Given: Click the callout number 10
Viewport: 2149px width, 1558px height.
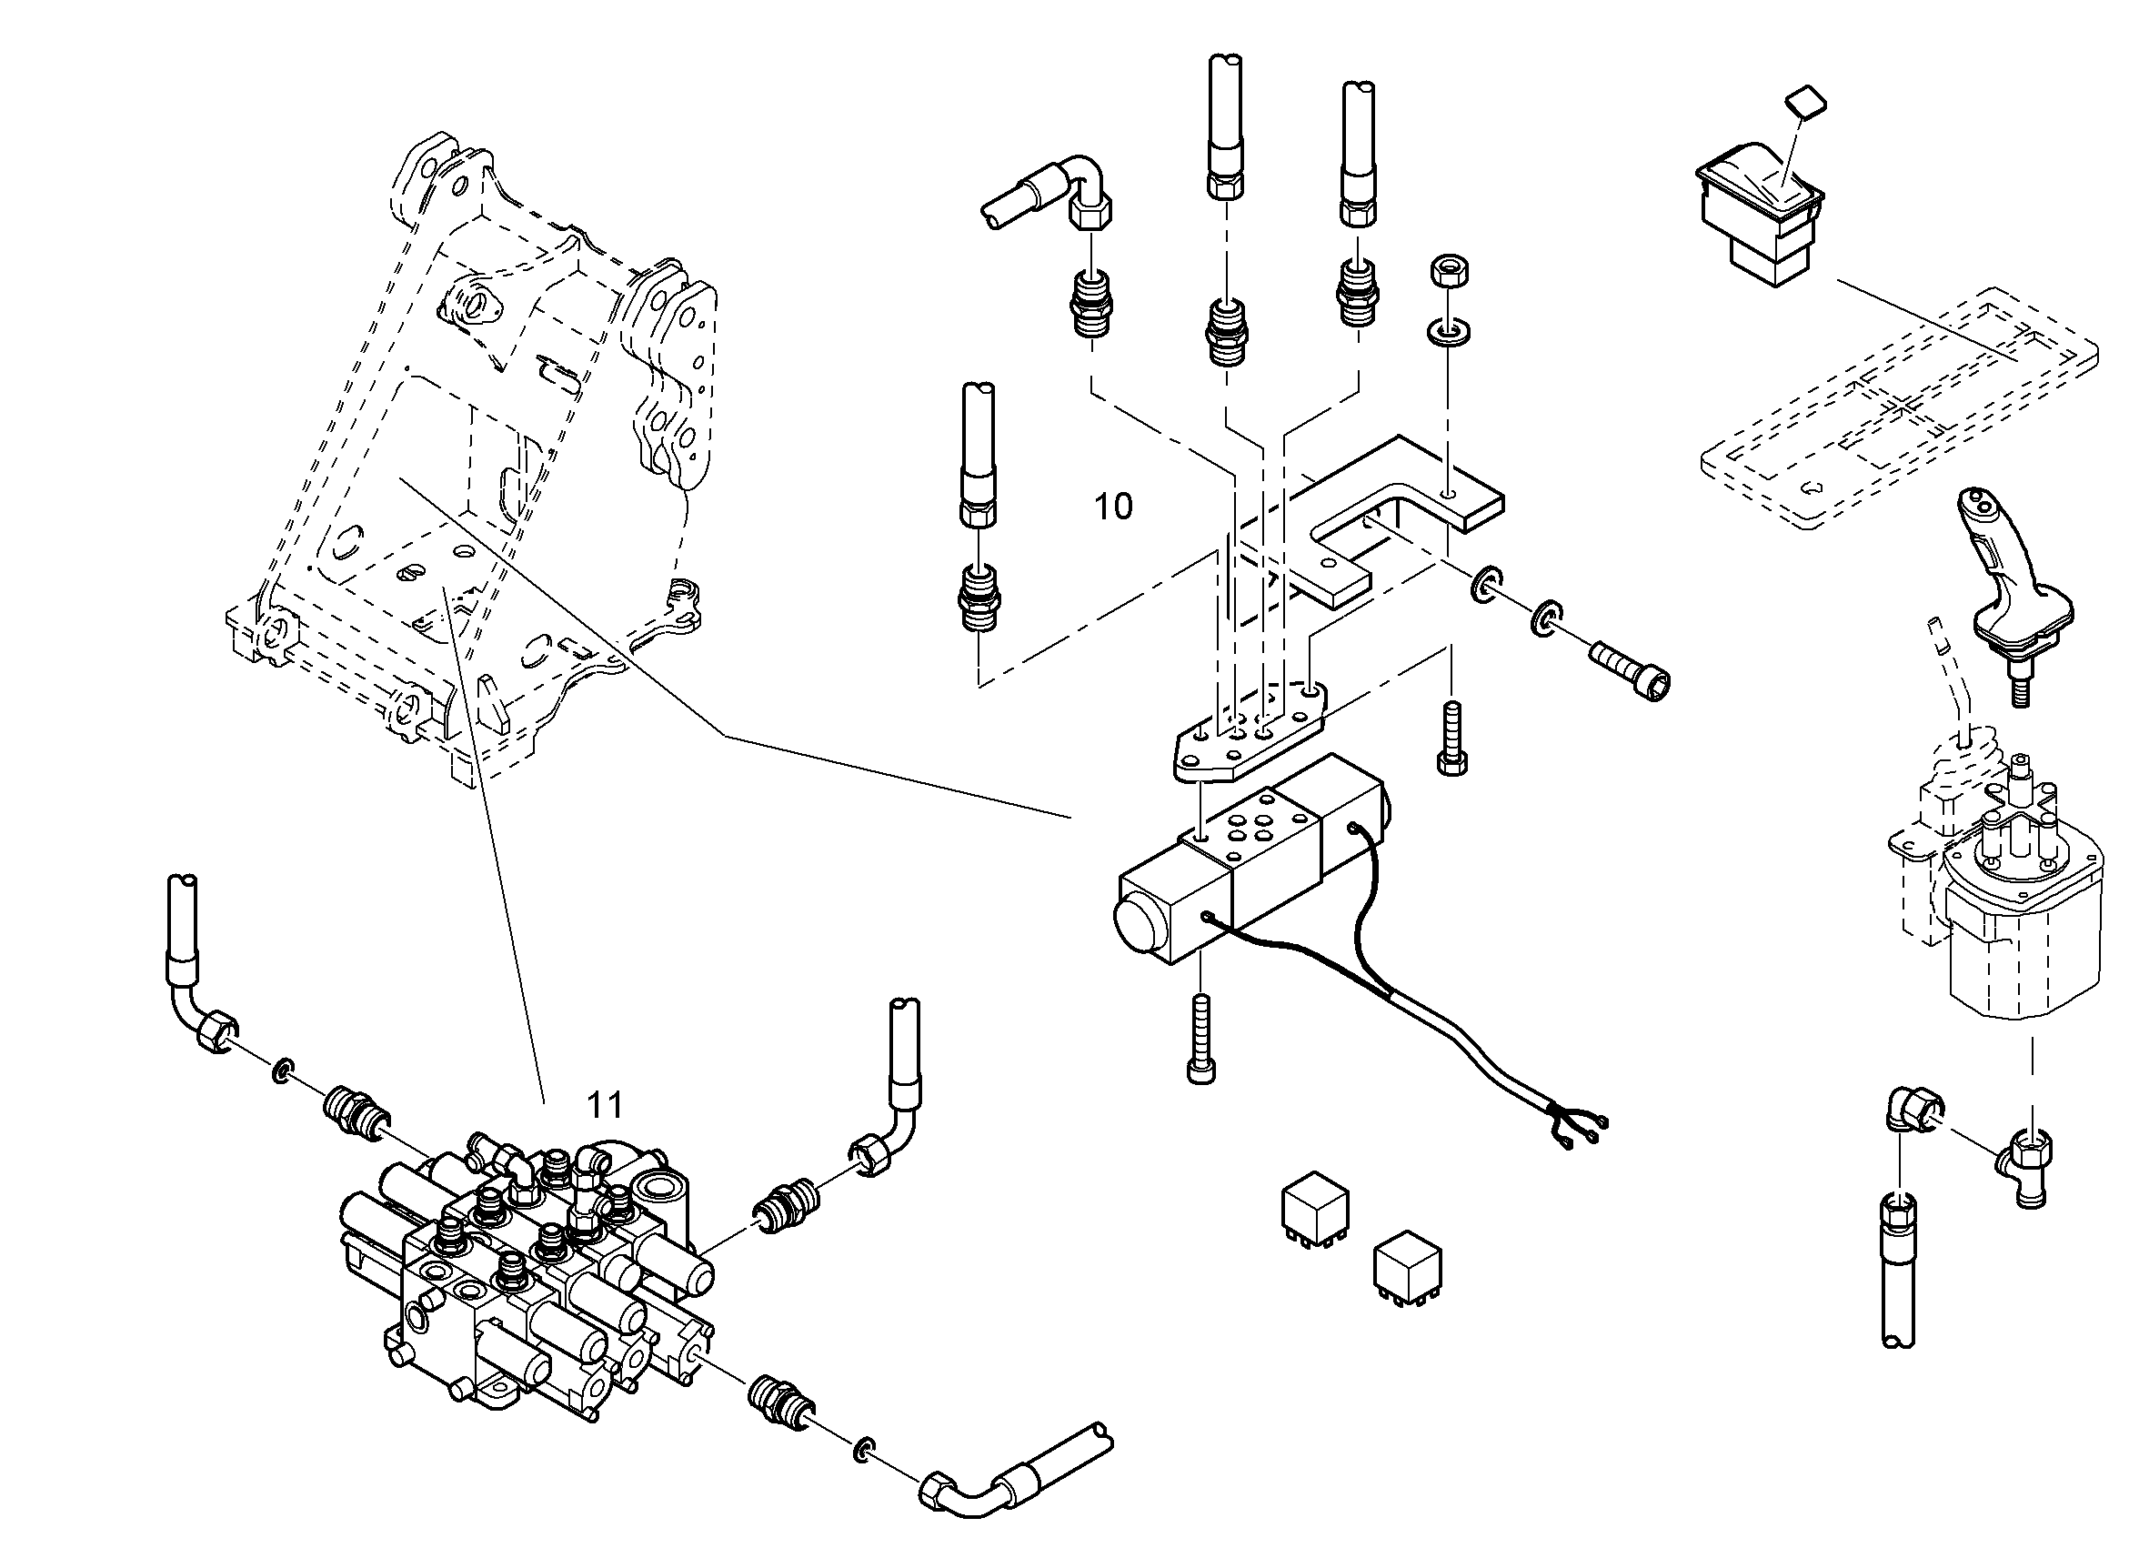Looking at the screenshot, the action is coord(1113,507).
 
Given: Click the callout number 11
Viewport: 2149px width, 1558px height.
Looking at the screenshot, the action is coord(605,1105).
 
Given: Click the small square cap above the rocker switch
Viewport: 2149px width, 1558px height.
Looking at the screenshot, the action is coord(1806,103).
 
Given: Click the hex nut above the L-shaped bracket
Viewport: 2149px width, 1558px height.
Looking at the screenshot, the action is coord(1449,272).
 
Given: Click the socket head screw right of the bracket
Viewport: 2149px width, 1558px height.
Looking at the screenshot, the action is coord(1631,667).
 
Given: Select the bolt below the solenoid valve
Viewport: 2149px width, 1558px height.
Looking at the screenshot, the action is coord(1200,1038).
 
